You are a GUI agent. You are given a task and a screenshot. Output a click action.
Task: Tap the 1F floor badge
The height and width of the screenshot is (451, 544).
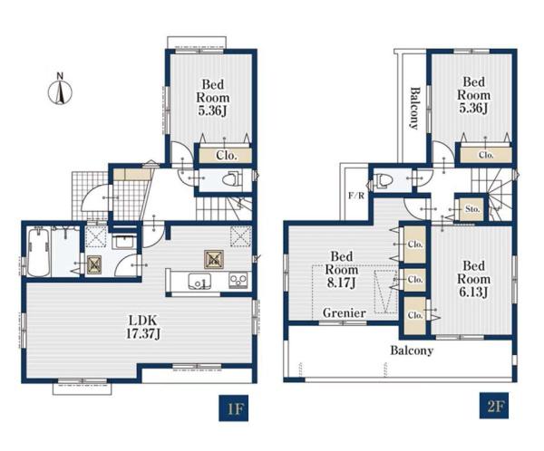pos(234,408)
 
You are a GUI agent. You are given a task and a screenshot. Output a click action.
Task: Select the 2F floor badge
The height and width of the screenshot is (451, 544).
pos(494,405)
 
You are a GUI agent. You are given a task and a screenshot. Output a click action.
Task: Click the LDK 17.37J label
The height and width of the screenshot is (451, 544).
pos(143,327)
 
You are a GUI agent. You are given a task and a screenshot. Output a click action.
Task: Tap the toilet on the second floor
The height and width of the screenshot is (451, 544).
pos(383,180)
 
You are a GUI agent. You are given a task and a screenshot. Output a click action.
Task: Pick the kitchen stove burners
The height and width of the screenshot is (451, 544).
pos(238,280)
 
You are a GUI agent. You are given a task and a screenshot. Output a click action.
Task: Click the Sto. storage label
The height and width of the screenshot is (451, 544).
pos(472,209)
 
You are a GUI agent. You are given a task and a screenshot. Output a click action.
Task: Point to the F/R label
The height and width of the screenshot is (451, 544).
pos(356,196)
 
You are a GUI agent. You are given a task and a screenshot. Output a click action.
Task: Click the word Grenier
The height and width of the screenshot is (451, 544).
pos(345,313)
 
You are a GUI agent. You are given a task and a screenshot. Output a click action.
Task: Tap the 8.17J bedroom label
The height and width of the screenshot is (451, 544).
pos(342,270)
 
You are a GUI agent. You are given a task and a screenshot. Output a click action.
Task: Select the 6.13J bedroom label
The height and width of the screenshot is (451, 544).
pos(473,279)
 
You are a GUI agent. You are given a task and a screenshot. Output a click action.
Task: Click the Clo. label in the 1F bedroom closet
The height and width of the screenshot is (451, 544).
pos(227,155)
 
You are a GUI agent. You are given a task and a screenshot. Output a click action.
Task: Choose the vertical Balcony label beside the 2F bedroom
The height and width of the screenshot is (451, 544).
pos(414,108)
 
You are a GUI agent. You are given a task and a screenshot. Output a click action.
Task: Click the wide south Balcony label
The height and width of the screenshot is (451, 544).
pos(412,350)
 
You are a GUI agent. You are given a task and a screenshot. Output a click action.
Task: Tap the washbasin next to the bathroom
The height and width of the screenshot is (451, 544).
pos(125,241)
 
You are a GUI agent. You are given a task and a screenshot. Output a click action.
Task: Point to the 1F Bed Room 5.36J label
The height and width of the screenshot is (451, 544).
pos(213,98)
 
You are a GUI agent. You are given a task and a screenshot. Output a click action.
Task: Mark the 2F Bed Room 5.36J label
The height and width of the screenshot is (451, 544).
pos(473,95)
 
